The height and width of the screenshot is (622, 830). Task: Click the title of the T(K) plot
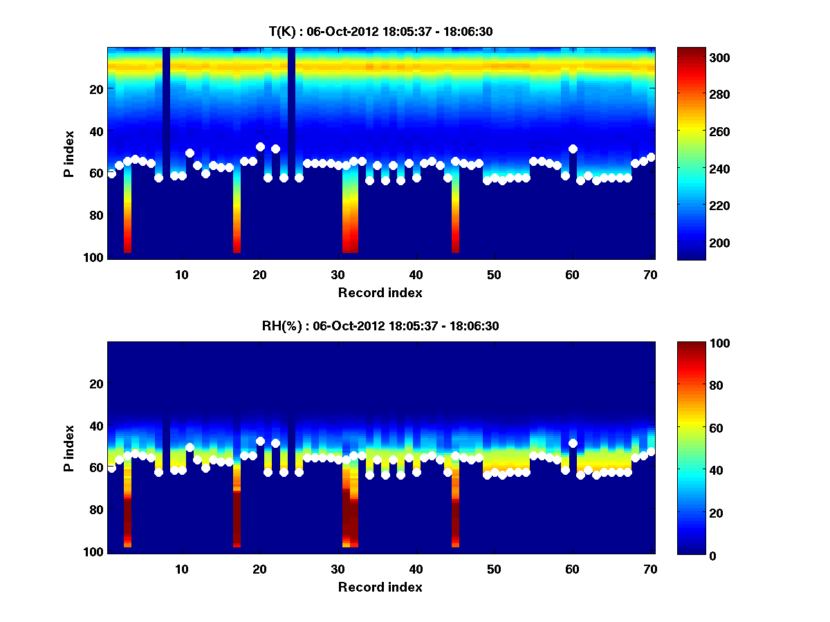click(380, 31)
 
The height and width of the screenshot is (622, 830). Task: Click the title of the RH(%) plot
click(380, 326)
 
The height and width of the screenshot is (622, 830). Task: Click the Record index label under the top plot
click(380, 292)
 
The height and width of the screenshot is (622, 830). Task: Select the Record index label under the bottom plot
click(380, 587)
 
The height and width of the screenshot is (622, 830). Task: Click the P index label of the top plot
click(68, 153)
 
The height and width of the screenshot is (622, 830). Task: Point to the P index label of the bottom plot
click(68, 447)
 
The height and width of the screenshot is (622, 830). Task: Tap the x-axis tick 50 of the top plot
click(494, 274)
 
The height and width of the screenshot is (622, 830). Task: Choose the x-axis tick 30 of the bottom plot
click(338, 569)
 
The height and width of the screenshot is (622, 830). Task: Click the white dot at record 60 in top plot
click(573, 149)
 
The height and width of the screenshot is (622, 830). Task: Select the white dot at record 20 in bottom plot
click(260, 441)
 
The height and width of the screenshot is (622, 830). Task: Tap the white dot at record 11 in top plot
click(190, 153)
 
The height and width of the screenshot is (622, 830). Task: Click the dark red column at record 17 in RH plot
click(237, 518)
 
